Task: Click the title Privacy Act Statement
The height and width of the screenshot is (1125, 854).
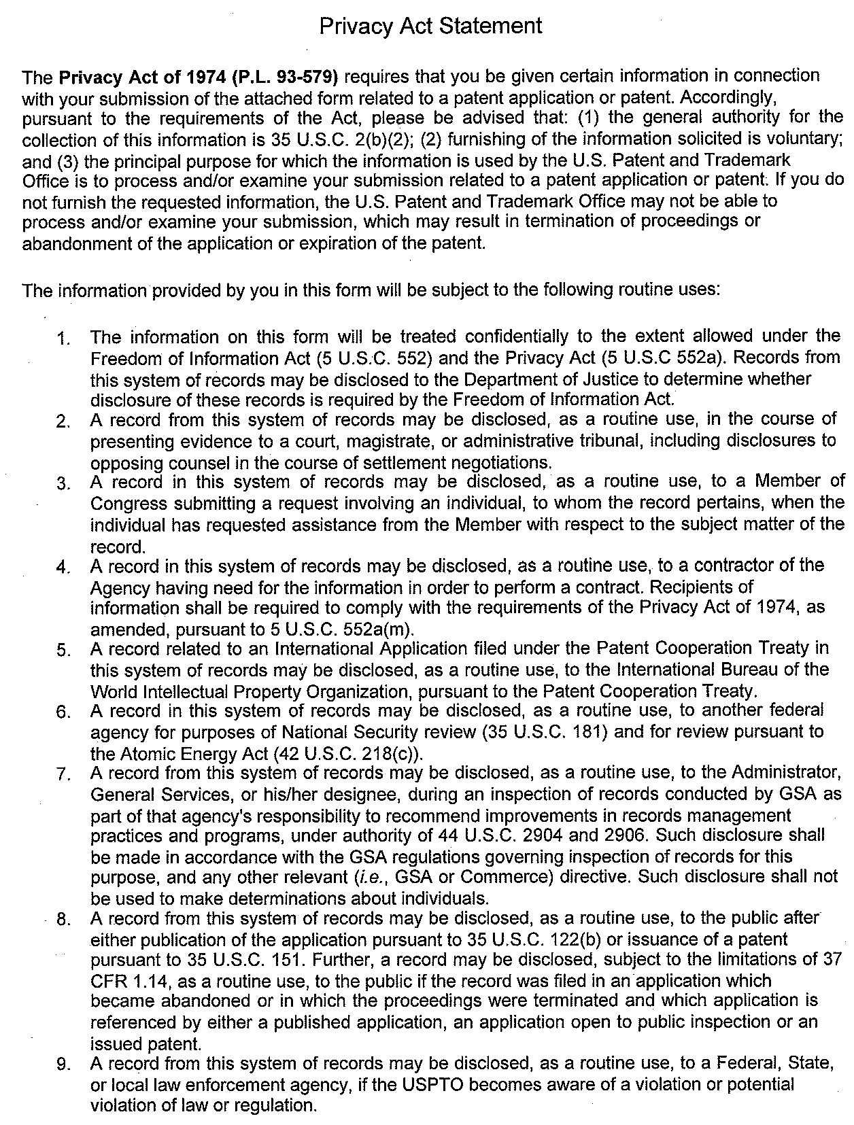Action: [x=430, y=27]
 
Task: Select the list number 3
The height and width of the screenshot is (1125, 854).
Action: [x=64, y=484]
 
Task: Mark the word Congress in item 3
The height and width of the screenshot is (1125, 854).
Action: [x=129, y=504]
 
